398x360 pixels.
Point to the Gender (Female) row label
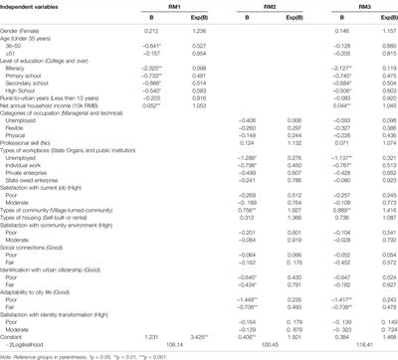pyautogui.click(x=25, y=31)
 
